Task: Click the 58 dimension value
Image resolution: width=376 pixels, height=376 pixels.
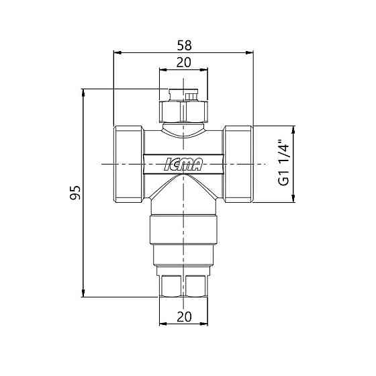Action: tap(185, 46)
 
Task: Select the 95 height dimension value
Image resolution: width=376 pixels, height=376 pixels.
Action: tap(75, 192)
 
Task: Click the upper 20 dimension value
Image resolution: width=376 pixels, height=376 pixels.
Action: tap(184, 62)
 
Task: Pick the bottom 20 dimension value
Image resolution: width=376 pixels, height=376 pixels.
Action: tap(184, 317)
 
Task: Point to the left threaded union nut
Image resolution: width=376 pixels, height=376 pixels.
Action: tap(129, 164)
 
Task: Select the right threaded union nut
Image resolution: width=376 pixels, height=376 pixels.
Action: tap(238, 164)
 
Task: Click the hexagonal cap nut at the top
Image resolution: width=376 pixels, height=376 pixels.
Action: tap(184, 111)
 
